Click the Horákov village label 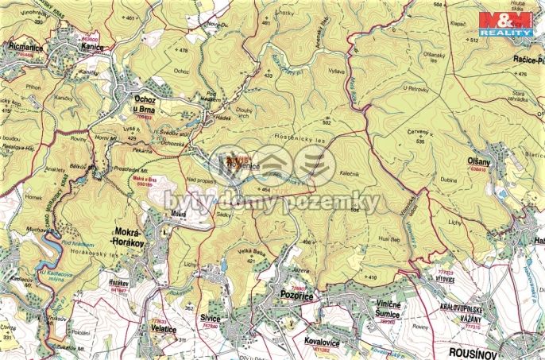point(118,282)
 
